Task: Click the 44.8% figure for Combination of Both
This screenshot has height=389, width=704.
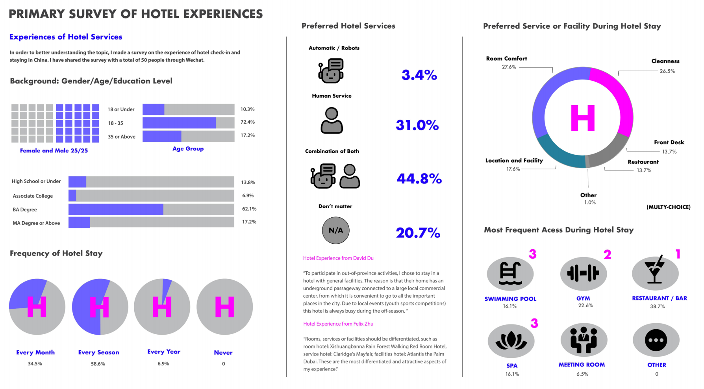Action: [x=419, y=179]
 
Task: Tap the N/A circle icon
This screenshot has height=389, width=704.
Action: [x=335, y=230]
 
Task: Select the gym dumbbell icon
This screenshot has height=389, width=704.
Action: [x=583, y=273]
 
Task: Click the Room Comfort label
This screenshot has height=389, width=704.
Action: [x=506, y=58]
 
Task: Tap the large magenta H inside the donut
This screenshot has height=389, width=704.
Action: [x=583, y=118]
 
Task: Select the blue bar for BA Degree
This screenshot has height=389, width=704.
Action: [x=116, y=209]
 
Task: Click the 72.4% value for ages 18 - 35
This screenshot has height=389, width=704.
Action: [x=248, y=122]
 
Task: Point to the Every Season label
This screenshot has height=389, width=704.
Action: [x=98, y=352]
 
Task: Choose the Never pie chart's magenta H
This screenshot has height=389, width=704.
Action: [x=224, y=307]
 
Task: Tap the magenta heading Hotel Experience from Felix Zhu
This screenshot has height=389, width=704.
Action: [x=338, y=324]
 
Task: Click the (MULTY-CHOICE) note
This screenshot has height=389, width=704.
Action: [x=669, y=207]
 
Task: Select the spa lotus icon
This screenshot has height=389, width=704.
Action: [x=511, y=340]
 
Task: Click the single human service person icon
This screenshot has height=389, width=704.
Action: [x=332, y=120]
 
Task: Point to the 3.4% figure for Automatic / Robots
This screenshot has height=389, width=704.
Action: [x=419, y=75]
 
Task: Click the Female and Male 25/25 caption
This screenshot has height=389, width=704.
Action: [x=54, y=150]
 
